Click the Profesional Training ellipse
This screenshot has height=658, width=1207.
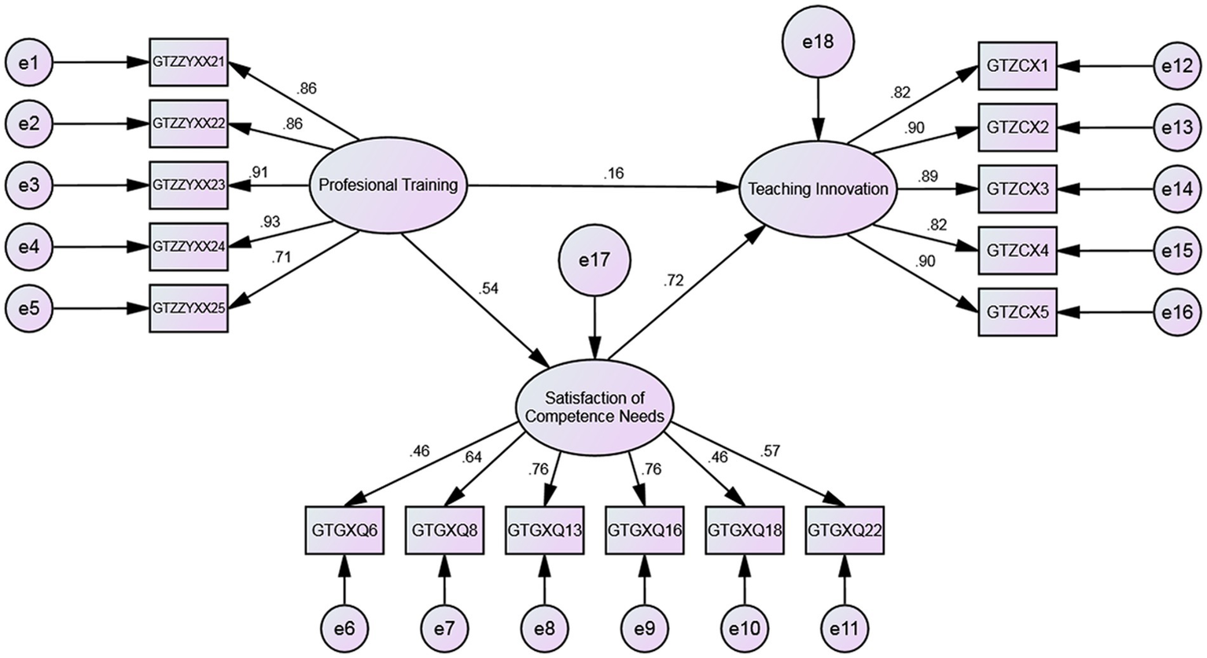(388, 186)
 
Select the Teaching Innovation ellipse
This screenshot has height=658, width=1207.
(818, 189)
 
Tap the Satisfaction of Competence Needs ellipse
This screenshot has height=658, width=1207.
(594, 406)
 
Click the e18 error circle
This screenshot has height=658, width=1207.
(818, 43)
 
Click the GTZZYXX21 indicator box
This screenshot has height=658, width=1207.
(189, 61)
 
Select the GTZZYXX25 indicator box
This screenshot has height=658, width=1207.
(189, 308)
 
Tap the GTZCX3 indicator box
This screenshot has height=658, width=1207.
(1017, 189)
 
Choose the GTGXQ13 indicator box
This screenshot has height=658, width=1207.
(545, 530)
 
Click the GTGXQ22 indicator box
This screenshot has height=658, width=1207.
(845, 530)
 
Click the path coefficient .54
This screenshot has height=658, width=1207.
(488, 289)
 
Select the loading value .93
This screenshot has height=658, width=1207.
(270, 222)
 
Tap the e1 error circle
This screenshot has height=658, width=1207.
(29, 61)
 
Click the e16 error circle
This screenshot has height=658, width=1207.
(1177, 312)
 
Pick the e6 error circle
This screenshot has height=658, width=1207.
(344, 628)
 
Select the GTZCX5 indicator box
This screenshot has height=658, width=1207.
(1017, 312)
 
